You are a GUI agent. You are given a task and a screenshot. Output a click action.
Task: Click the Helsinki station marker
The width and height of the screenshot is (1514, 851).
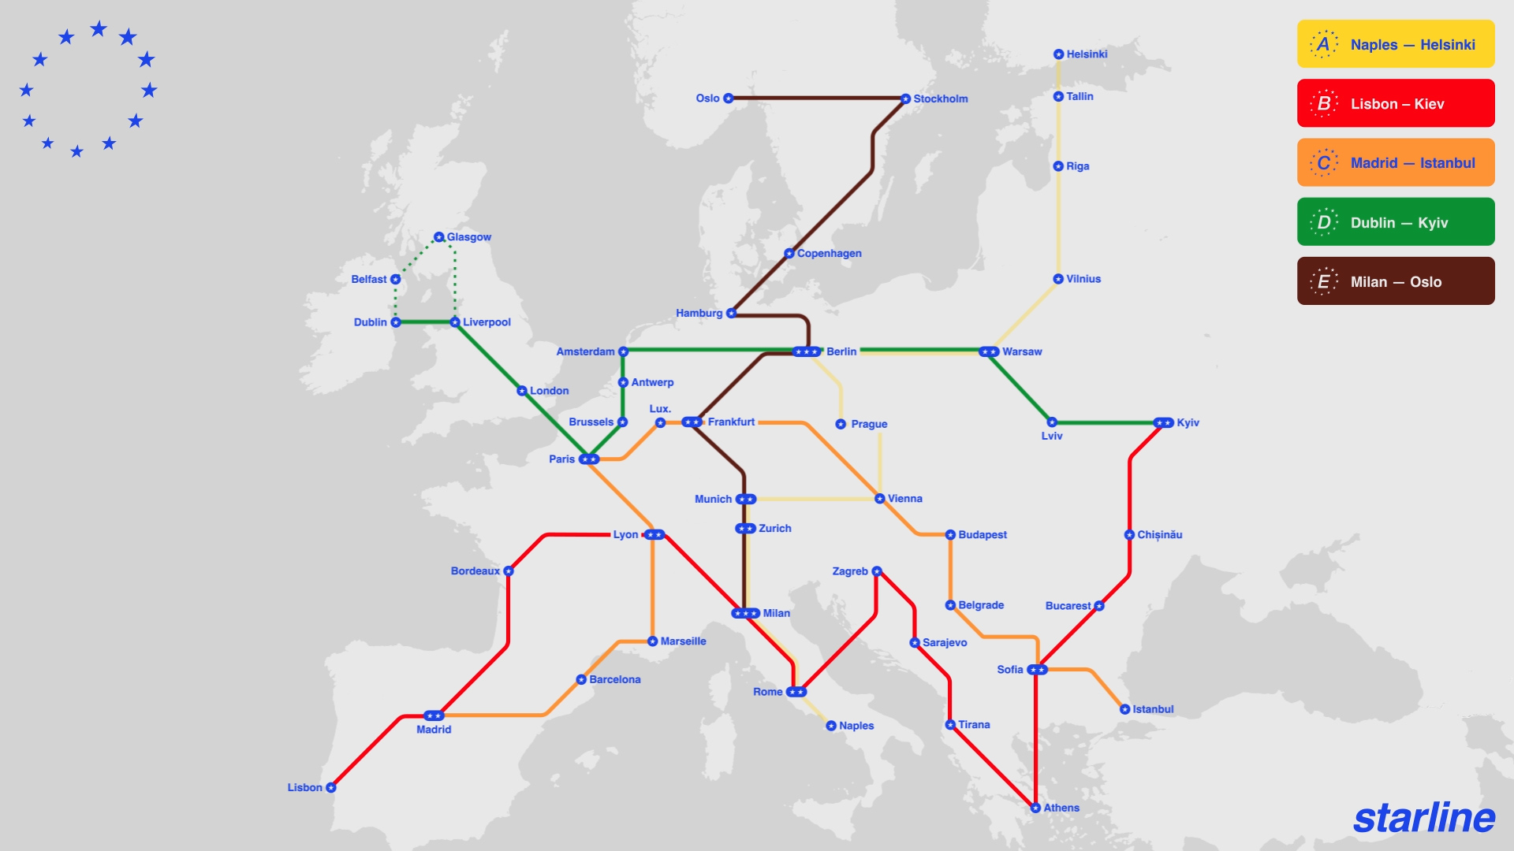1058,54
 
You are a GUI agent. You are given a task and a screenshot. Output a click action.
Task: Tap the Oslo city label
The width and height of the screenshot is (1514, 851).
707,98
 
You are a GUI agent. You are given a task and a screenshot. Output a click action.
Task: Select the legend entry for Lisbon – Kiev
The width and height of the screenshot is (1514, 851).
1395,103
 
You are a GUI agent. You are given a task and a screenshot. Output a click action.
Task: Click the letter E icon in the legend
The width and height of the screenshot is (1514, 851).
1323,281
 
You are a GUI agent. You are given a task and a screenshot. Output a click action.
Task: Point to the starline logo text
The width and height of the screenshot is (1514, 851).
1423,818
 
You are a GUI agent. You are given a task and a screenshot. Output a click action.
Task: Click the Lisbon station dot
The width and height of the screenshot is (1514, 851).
331,787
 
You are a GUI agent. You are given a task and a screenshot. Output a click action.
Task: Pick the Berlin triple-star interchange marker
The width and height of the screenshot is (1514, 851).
807,351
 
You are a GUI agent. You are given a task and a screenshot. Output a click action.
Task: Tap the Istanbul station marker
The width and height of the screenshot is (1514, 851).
1124,709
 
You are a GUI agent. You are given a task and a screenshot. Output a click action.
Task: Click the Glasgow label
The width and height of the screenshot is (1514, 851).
468,237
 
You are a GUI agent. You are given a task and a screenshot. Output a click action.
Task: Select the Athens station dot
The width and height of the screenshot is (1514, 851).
1035,808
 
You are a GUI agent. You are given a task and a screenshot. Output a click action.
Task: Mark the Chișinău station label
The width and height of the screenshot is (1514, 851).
1159,535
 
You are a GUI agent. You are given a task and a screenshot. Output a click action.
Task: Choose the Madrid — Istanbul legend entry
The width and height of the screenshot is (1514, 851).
1395,162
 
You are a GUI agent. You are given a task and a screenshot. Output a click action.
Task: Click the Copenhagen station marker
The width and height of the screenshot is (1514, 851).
789,254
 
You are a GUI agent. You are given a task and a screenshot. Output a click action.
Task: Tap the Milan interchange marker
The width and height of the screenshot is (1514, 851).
745,613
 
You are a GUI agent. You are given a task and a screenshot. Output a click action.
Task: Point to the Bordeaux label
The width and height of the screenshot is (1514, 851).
475,571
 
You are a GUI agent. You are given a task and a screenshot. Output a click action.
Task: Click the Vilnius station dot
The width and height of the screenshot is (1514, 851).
1058,279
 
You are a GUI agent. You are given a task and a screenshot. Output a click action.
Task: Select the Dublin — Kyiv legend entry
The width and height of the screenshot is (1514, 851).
1395,222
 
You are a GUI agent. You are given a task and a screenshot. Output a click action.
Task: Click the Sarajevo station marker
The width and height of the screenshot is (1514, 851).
915,643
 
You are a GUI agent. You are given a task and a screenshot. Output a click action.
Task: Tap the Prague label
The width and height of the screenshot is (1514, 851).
869,424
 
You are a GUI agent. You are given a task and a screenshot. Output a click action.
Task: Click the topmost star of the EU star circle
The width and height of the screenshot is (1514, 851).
98,29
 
